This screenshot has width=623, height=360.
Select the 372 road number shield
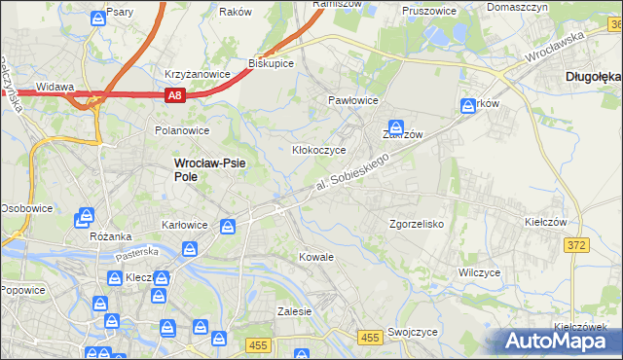(576, 245)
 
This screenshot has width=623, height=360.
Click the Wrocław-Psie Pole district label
(208, 170)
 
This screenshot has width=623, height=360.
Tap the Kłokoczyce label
(319, 150)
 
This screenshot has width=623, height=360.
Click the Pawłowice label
(352, 100)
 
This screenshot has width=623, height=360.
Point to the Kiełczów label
(545, 222)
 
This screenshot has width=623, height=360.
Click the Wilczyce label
(480, 272)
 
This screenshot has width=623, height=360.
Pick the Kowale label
(316, 257)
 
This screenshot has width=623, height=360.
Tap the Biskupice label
(272, 62)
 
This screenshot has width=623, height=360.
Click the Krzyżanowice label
(197, 74)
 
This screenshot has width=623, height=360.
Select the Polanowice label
(182, 129)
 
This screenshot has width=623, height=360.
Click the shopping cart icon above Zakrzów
(397, 126)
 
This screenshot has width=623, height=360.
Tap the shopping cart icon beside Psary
(98, 18)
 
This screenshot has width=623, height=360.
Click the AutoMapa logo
(561, 341)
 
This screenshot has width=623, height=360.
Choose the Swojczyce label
(412, 331)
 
